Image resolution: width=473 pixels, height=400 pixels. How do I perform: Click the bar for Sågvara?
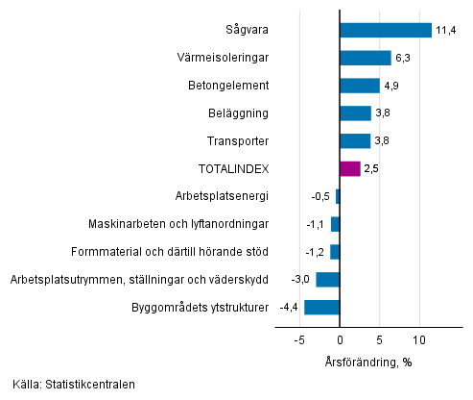pyautogui.click(x=386, y=30)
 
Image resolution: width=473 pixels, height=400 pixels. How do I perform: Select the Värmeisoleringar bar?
pyautogui.click(x=366, y=58)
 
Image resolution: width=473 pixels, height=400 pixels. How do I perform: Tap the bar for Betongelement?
pyautogui.click(x=360, y=86)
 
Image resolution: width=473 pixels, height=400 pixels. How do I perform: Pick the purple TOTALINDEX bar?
pyautogui.click(x=350, y=169)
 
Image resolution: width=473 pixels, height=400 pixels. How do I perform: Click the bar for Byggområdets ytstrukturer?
pyautogui.click(x=322, y=308)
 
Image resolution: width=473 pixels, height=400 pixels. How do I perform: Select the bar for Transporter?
pyautogui.click(x=355, y=141)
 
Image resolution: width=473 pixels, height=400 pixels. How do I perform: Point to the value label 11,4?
pyautogui.click(x=445, y=30)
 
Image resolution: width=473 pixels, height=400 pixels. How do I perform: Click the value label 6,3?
pyautogui.click(x=404, y=58)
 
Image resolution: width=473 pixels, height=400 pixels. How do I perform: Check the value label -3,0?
pyautogui.click(x=300, y=280)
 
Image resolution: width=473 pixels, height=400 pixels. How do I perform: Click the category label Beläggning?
pyautogui.click(x=239, y=113)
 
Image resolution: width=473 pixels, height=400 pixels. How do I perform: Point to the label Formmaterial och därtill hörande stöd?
pyautogui.click(x=170, y=252)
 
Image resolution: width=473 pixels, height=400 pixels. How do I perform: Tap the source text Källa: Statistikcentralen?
pyautogui.click(x=75, y=385)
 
